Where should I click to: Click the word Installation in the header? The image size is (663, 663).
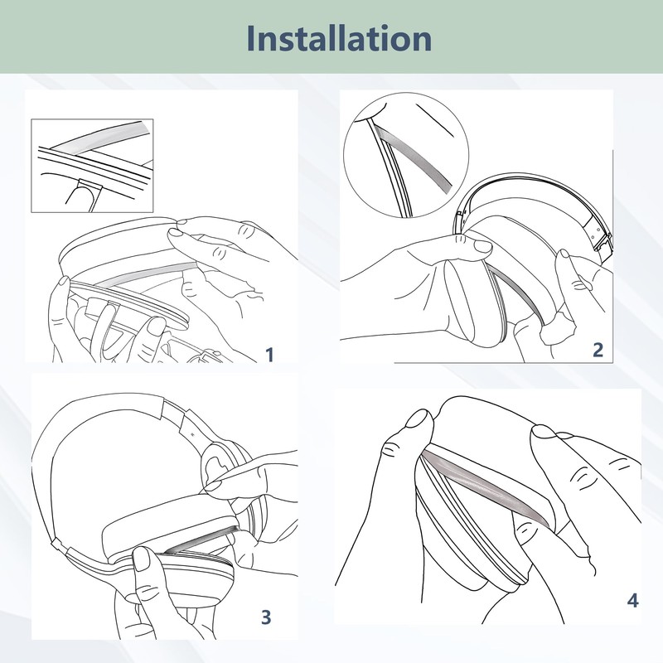pos(339,38)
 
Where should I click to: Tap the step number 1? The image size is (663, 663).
pos(270,355)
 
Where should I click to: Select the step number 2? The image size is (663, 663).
pos(598,350)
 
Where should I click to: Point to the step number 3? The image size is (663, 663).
pos(266,617)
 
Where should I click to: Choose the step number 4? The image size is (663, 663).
pos(632,600)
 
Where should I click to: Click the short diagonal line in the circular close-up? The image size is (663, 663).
pos(434,120)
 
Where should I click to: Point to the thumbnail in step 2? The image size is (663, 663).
pos(482,246)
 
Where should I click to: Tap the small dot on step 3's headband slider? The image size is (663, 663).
pos(191,433)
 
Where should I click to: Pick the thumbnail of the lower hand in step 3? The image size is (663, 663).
pos(142,559)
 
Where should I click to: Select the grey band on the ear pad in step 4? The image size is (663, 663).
pos(486,486)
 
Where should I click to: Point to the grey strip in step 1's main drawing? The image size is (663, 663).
pos(148,273)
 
